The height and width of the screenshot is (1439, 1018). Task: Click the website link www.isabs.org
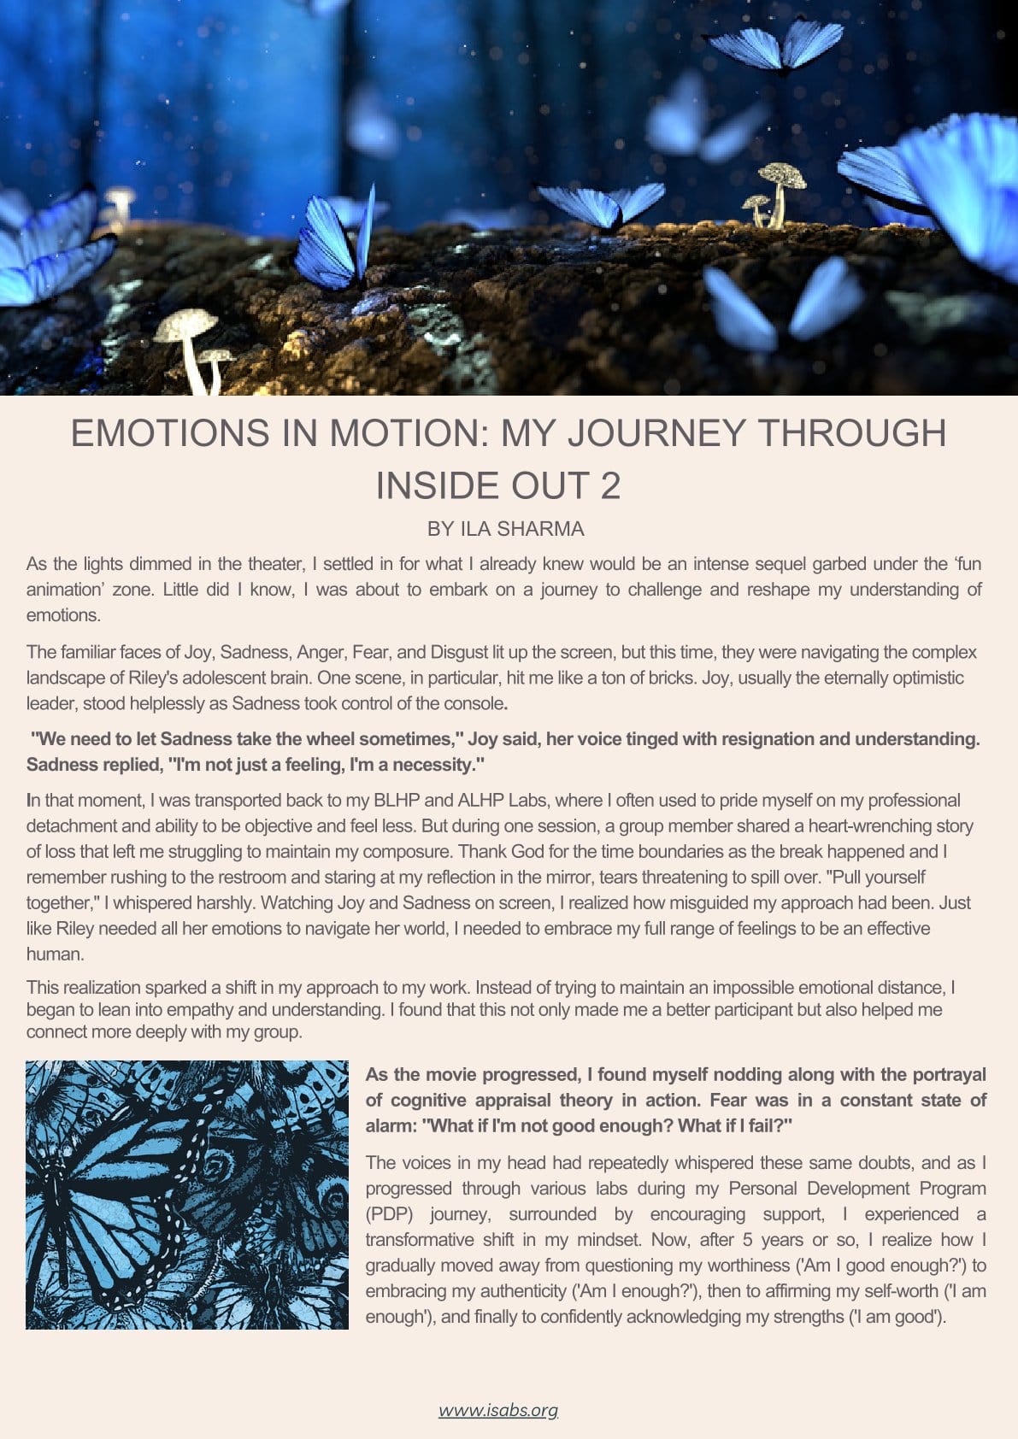[498, 1410]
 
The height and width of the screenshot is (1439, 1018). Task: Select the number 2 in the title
[610, 485]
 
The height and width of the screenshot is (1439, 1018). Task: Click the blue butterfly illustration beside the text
[187, 1195]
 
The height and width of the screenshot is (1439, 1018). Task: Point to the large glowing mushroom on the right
[782, 192]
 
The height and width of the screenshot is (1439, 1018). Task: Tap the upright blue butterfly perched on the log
[336, 244]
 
